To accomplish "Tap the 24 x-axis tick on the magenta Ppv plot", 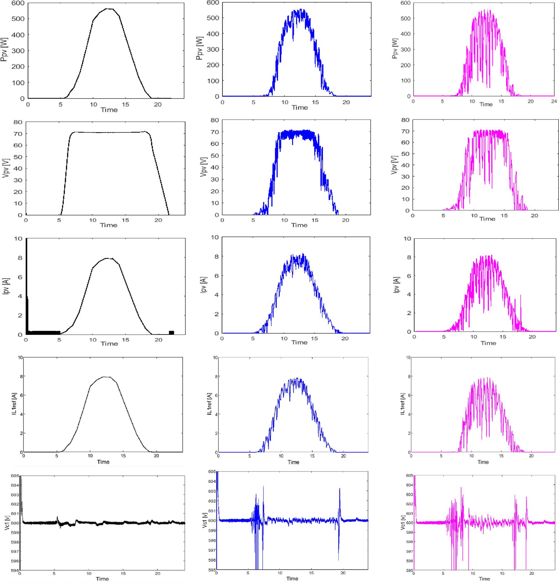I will click(554, 101).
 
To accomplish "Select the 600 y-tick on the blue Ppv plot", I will click(213, 3).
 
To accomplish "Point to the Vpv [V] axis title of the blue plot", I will click(203, 167).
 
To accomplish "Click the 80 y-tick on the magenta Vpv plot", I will click(405, 120).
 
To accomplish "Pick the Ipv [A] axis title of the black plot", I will click(5, 286).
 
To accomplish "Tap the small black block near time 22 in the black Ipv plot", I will click(171, 332).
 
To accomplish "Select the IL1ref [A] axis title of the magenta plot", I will click(402, 404).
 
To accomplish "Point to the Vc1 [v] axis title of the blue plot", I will click(205, 521).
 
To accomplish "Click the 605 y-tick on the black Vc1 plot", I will click(15, 476).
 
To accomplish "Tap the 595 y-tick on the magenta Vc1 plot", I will click(409, 570).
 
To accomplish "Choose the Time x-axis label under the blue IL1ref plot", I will click(293, 462).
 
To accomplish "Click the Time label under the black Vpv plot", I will click(109, 225).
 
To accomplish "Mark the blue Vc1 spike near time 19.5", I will click(340, 490).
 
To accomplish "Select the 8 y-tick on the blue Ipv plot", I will click(217, 256).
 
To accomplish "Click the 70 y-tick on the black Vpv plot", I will click(18, 134).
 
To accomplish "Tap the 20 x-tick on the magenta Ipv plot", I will click(532, 337).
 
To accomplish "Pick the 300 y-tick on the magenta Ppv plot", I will click(406, 49).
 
